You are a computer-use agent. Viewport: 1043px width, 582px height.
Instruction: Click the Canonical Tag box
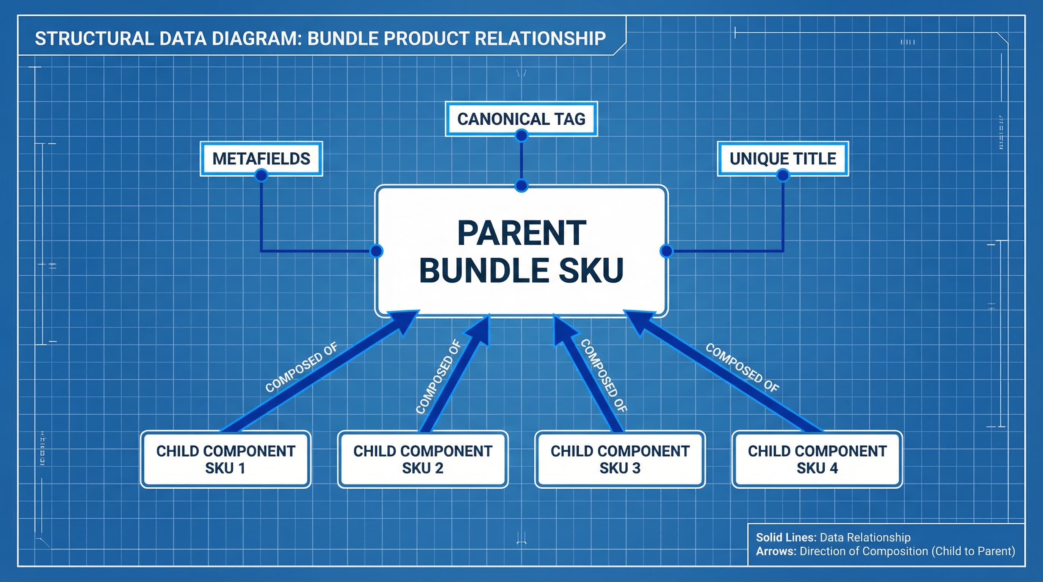521,119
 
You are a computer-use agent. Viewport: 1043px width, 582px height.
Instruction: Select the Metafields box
261,158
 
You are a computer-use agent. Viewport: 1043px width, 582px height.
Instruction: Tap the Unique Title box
783,158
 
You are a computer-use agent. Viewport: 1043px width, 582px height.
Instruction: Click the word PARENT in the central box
521,233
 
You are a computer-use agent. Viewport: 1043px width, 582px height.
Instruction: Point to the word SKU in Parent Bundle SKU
591,271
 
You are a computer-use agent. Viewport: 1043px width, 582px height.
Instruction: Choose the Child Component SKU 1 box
226,459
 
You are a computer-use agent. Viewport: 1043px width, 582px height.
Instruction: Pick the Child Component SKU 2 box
423,459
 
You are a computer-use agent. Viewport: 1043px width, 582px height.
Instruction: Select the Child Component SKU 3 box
620,459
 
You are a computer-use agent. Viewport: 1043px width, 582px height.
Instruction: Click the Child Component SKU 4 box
817,459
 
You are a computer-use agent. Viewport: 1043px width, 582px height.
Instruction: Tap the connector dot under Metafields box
262,175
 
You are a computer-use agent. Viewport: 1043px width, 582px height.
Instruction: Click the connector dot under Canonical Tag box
521,136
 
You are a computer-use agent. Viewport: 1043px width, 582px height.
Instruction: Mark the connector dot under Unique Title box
783,175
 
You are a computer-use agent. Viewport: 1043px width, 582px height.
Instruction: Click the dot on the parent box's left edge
377,251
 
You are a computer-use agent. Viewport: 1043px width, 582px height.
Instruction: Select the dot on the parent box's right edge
666,251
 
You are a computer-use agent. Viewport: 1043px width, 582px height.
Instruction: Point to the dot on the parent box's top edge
521,186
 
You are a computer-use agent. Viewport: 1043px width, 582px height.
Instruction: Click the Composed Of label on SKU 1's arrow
301,367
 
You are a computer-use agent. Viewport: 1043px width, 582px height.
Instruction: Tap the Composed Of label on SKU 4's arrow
742,367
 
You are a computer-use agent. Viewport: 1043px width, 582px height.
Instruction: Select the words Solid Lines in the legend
786,537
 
